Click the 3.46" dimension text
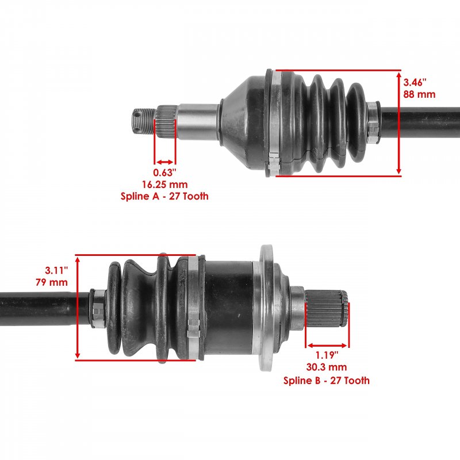(x=415, y=82)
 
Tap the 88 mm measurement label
(x=419, y=94)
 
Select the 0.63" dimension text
(x=165, y=172)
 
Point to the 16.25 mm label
(x=165, y=185)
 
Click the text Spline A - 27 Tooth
(x=164, y=196)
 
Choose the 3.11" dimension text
(x=56, y=270)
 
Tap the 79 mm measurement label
(x=52, y=282)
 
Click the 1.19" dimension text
(x=327, y=355)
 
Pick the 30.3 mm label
(x=327, y=367)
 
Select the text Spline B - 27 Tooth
(x=327, y=381)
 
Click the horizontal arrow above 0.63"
(x=165, y=162)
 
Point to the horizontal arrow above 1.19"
(x=327, y=346)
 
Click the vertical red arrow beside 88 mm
(x=398, y=123)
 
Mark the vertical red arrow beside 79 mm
(x=78, y=308)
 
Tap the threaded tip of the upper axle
(x=143, y=121)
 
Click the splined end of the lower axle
(x=326, y=309)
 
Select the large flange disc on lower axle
(x=266, y=308)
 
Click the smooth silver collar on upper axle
(x=197, y=122)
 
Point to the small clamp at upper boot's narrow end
(x=373, y=122)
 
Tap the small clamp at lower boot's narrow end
(x=97, y=308)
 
